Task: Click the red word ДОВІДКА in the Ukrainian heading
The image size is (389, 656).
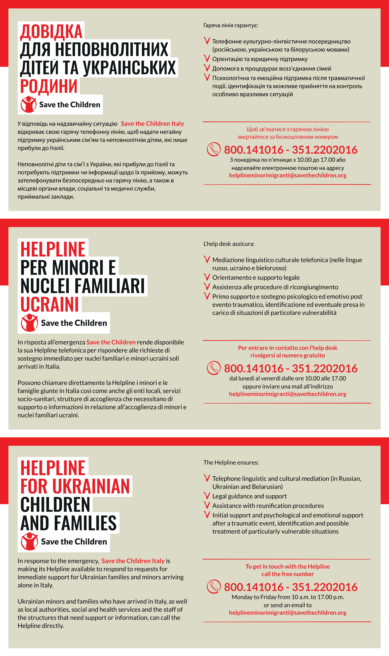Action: pos(51,32)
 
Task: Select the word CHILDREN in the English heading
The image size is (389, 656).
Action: pos(55,505)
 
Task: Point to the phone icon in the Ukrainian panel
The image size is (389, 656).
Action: pos(214,149)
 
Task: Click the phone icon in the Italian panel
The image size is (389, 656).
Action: pos(214,368)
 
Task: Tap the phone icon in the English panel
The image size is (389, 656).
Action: pos(214,587)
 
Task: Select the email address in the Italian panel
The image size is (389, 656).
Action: pos(288,394)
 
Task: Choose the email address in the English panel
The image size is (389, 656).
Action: pos(288,613)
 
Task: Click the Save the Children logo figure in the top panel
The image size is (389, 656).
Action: pos(29,104)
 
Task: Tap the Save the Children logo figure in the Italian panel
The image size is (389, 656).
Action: pos(29,323)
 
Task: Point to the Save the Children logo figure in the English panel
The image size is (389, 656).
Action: pos(29,541)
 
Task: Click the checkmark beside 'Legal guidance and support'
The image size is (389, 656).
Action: pos(207,496)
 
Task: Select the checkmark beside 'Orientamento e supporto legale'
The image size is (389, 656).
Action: pos(207,277)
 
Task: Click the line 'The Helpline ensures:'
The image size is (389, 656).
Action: pos(231,462)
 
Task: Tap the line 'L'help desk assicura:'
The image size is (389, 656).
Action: pos(229,244)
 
